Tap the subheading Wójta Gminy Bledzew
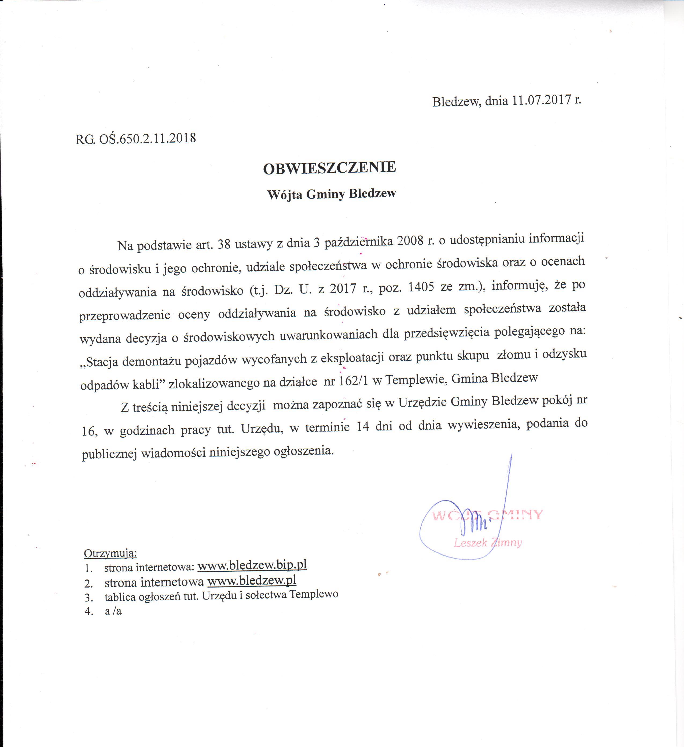click(332, 194)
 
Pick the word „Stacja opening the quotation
click(99, 362)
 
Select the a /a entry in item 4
click(113, 611)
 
